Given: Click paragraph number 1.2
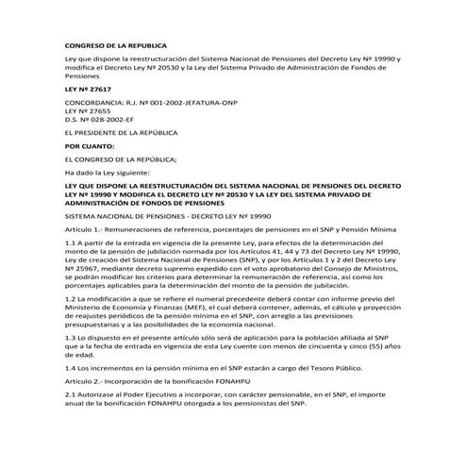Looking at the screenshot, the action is (x=70, y=299).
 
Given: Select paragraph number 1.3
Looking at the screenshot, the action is (x=70, y=337).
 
